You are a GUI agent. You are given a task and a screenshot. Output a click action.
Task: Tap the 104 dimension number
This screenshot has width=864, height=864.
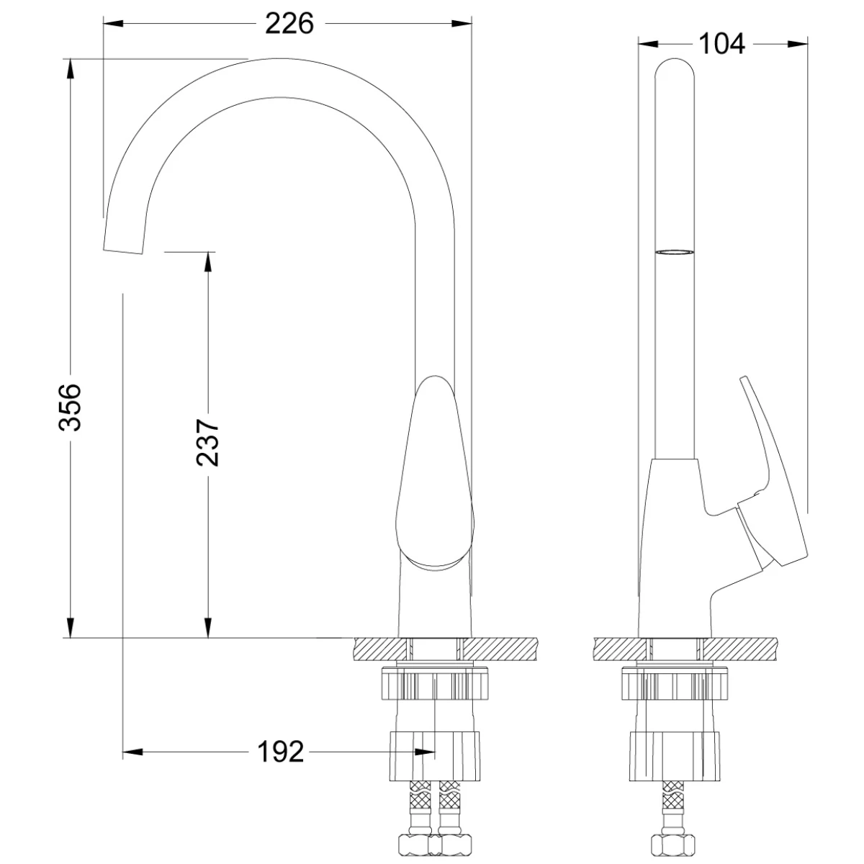pyautogui.click(x=721, y=44)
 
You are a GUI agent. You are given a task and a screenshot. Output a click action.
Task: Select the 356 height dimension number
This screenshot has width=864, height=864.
pyautogui.click(x=71, y=407)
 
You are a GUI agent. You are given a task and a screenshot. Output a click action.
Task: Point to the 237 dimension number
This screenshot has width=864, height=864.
pyautogui.click(x=207, y=443)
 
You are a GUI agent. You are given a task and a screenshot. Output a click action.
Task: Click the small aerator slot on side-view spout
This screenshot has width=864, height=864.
pyautogui.click(x=674, y=253)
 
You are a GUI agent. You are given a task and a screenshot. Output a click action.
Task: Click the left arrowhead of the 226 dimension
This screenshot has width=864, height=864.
pyautogui.click(x=113, y=24)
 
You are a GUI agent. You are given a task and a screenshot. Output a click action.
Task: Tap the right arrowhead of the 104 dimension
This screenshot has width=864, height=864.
pyautogui.click(x=798, y=44)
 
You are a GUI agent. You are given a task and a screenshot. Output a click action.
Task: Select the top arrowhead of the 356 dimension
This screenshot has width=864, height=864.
pyautogui.click(x=71, y=69)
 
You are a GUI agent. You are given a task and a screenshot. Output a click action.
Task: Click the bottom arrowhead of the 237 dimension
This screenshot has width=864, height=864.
pyautogui.click(x=207, y=627)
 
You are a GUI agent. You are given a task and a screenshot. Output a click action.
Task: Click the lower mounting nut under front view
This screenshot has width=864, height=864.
pyautogui.click(x=434, y=768)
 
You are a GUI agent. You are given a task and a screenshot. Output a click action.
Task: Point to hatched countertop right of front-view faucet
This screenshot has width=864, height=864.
pyautogui.click(x=500, y=649)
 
